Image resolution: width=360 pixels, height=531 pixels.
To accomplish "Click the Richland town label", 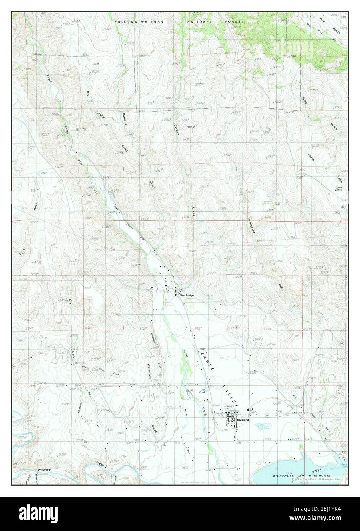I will pos(243,420).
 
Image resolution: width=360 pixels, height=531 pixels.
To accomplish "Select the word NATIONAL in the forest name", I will pos(199,22).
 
